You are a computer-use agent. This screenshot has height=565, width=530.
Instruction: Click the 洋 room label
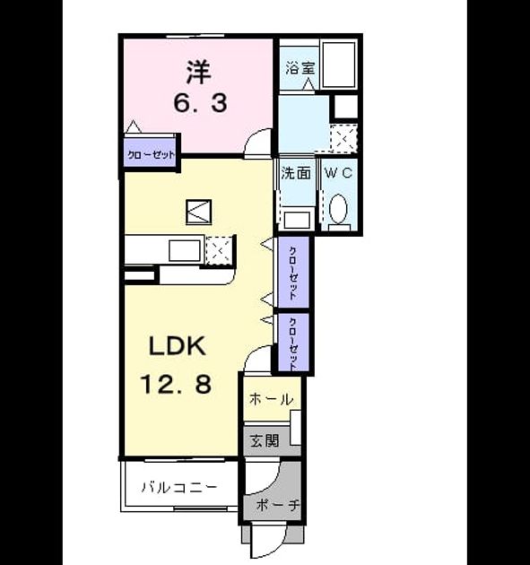pyautogui.click(x=198, y=72)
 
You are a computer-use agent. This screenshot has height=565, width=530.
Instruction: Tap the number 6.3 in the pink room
pyautogui.click(x=200, y=103)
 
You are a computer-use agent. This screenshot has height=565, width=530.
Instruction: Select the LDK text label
pyautogui.click(x=178, y=346)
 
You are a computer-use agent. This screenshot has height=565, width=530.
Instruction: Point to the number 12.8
pyautogui.click(x=176, y=384)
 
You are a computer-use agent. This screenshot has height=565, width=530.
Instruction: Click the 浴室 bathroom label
pyautogui.click(x=300, y=68)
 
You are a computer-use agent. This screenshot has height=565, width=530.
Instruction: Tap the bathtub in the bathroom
pyautogui.click(x=339, y=65)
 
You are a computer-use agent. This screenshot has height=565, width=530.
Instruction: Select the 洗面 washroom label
pyautogui.click(x=296, y=173)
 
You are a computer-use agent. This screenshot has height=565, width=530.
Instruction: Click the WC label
pyautogui.click(x=339, y=173)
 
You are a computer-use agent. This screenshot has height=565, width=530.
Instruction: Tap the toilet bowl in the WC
pyautogui.click(x=338, y=209)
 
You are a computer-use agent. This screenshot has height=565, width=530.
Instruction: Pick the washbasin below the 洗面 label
pyautogui.click(x=297, y=219)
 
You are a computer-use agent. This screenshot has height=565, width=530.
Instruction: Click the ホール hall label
pyautogui.click(x=271, y=399)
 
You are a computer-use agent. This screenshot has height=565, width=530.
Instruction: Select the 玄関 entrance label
pyautogui.click(x=265, y=440)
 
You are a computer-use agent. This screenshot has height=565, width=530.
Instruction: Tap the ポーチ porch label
pyautogui.click(x=278, y=505)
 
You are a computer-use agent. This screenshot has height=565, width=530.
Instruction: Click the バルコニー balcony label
pyautogui.click(x=179, y=488)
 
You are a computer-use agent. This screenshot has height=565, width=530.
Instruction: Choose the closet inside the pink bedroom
pyautogui.click(x=151, y=153)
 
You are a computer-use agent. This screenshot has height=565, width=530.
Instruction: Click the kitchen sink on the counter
pyautogui.click(x=185, y=250)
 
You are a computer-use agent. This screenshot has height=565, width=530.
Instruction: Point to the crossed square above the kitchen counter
pyautogui.click(x=198, y=212)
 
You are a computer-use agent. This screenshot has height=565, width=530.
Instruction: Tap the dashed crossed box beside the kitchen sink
pyautogui.click(x=219, y=251)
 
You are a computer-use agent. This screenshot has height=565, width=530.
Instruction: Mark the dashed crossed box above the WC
pyautogui.click(x=343, y=138)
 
